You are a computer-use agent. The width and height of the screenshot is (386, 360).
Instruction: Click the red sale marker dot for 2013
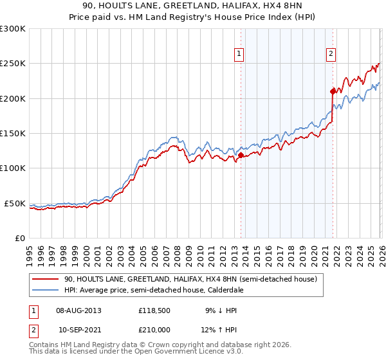(x=241, y=155)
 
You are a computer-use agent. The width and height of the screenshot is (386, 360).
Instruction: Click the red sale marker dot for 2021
(x=333, y=91)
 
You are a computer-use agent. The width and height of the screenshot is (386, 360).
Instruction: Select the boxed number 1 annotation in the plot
(x=239, y=54)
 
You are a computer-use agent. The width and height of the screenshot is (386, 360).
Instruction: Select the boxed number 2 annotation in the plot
(x=331, y=54)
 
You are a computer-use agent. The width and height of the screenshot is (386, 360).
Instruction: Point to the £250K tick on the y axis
(x=13, y=64)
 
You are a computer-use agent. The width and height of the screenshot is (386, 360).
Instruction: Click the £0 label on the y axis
(x=21, y=238)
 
